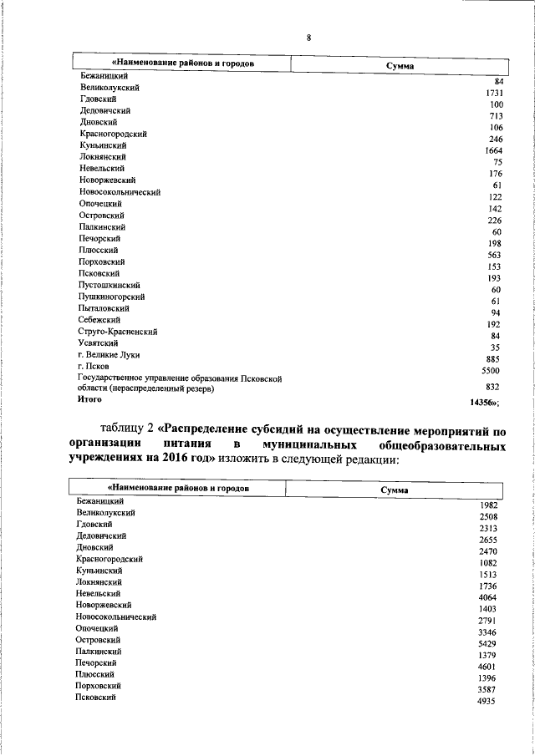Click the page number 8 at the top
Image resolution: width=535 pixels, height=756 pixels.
(308, 38)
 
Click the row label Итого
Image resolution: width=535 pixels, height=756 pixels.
(89, 400)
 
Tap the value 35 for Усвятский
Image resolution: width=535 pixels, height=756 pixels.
(495, 348)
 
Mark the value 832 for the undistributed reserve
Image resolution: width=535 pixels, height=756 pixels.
(493, 387)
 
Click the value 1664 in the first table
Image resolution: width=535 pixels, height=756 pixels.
(492, 150)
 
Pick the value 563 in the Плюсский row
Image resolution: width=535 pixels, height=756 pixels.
(493, 256)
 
